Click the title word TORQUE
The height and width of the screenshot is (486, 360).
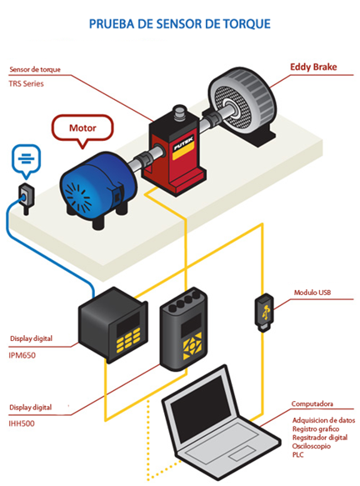[247, 24]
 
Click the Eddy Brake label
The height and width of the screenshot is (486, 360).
[313, 67]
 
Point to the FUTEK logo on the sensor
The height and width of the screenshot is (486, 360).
[183, 143]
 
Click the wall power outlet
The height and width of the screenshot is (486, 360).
[27, 198]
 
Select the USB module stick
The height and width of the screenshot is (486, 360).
[264, 313]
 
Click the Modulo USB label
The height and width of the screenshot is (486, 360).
[312, 293]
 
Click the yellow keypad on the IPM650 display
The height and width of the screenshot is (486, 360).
[128, 340]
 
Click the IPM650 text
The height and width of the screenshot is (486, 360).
[22, 355]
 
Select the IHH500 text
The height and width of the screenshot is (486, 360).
[22, 423]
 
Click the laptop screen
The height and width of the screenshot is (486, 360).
[201, 403]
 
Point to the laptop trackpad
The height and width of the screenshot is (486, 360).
[242, 453]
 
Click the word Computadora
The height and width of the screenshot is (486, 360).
[312, 403]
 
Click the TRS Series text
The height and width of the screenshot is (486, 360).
[27, 83]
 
